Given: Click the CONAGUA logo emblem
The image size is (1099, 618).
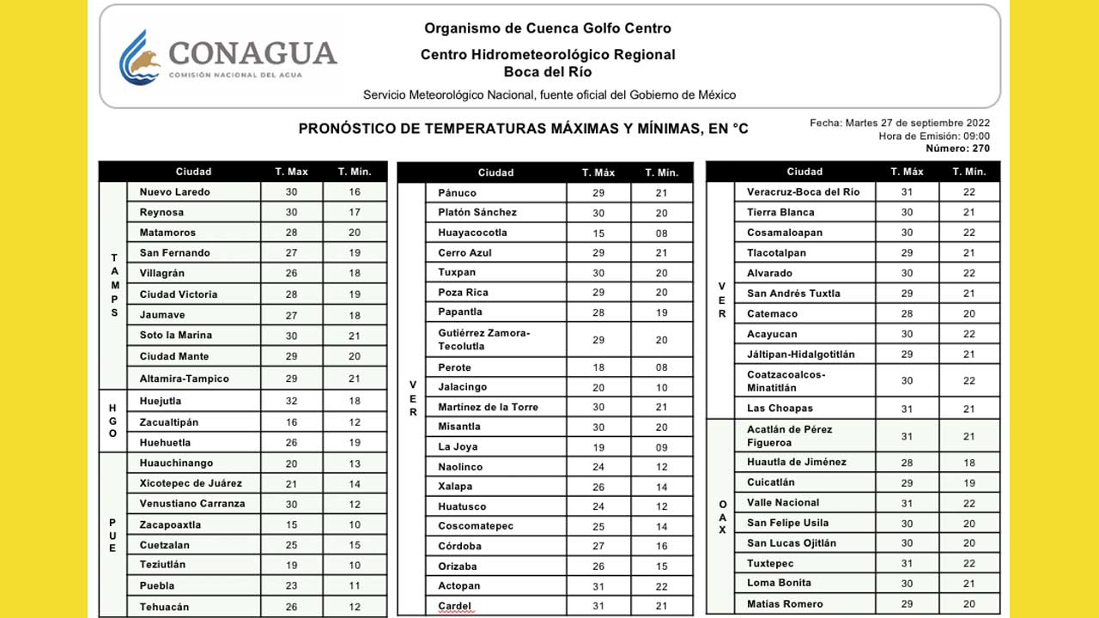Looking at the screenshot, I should (x=140, y=58).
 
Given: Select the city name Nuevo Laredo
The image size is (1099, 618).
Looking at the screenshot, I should (x=174, y=192).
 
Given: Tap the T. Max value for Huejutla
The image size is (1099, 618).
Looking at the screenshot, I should (x=291, y=401).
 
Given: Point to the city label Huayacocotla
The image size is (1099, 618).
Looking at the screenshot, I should (x=472, y=233).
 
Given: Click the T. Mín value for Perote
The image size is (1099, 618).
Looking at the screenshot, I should (x=661, y=367).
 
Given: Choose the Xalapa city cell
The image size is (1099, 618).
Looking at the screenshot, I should (x=455, y=487).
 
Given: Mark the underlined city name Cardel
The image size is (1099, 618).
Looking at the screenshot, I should (x=455, y=606).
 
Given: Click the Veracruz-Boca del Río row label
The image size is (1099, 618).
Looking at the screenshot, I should (x=803, y=192).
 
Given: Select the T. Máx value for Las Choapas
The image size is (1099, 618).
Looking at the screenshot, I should (x=907, y=409).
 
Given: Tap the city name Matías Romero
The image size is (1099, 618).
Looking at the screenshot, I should (x=785, y=604).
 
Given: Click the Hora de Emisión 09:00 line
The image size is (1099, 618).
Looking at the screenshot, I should (x=934, y=136).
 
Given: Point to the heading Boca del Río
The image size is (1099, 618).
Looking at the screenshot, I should (x=548, y=72).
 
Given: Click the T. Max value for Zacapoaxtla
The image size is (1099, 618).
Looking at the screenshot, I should (x=291, y=524).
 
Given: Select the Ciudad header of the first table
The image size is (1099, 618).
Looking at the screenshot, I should (x=193, y=172).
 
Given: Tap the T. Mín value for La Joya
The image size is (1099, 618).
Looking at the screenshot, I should (x=661, y=447).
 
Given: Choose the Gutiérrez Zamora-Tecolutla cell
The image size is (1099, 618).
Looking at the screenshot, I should (x=484, y=340).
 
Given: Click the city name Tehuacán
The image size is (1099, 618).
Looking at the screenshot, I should (x=164, y=607).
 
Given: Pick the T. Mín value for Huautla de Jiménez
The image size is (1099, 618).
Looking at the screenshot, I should (x=968, y=463).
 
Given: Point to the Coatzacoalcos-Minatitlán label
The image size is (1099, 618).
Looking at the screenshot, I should (x=786, y=381).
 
